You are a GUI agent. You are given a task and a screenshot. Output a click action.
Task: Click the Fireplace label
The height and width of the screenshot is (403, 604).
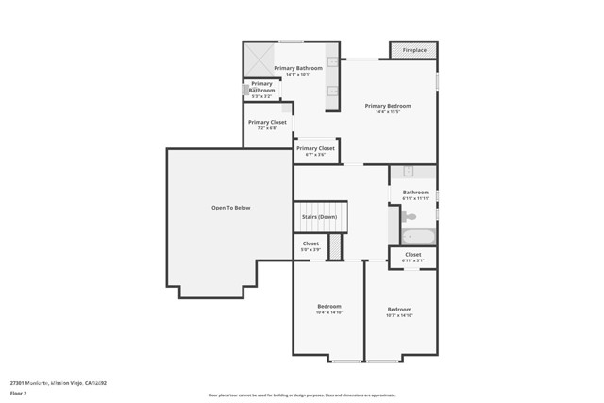tap(414, 50)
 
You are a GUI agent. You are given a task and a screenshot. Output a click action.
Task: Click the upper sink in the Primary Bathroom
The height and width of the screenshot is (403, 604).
tap(332, 67)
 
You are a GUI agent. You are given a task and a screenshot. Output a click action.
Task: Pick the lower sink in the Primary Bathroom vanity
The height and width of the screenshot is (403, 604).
tap(332, 92)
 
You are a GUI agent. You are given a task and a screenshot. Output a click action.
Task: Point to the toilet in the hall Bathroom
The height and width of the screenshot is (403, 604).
tap(410, 216)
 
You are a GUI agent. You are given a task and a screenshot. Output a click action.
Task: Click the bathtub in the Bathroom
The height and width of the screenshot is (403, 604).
tap(416, 236)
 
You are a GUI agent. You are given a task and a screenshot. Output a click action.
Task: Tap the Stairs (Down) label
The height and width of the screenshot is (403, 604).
tap(319, 217)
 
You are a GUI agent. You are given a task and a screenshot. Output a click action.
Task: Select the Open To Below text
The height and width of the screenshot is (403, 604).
tap(230, 208)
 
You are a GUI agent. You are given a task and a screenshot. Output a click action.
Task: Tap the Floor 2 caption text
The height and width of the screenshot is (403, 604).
tap(18, 392)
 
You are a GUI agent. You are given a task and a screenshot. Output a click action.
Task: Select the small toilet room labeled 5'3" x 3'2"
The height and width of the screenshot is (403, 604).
tap(261, 90)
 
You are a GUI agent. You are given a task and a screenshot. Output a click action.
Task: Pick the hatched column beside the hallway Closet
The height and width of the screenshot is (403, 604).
tap(333, 248)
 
